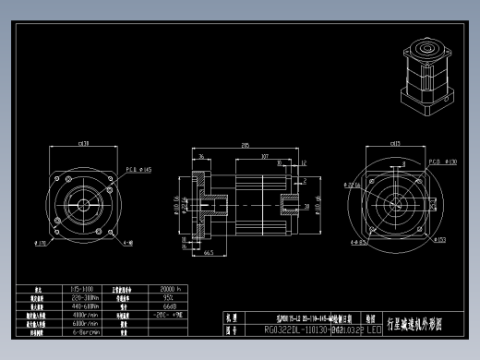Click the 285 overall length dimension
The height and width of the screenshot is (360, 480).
pos(245,146)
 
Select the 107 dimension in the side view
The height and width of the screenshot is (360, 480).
pos(264,157)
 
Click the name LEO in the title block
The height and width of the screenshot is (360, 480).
pos(374,329)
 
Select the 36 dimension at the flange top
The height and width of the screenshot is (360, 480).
pos(201,157)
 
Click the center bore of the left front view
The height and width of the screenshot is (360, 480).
pos(83,203)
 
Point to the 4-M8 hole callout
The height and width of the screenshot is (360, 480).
pos(126,245)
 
